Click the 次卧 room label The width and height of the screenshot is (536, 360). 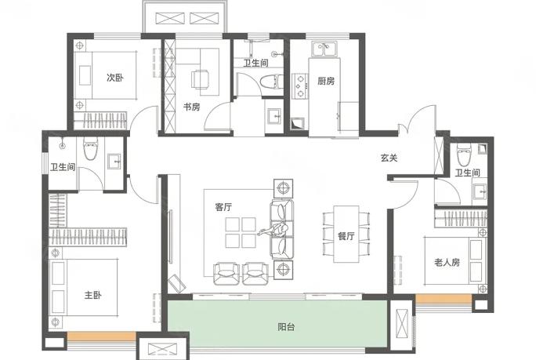[115, 78]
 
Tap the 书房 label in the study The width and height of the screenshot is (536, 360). [191, 107]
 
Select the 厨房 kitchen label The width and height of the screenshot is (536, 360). [326, 81]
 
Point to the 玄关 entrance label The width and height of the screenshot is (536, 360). [389, 158]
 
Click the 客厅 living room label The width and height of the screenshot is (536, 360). [223, 207]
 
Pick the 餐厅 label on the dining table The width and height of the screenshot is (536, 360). [346, 236]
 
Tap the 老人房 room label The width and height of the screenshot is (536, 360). [447, 263]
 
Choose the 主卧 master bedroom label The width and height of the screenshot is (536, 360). [93, 295]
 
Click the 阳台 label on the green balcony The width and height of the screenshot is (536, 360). [286, 327]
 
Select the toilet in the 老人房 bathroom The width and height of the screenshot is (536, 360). [464, 151]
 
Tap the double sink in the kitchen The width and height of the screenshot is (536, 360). [324, 49]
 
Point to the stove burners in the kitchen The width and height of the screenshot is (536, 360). [300, 85]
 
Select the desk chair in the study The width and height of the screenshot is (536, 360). [200, 78]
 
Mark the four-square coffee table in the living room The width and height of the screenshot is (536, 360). [241, 233]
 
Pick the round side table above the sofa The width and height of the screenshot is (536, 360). [283, 188]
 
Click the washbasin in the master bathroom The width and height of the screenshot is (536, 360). [114, 162]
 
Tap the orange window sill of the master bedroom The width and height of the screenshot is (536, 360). [102, 336]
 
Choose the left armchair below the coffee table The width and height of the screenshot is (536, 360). [226, 273]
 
